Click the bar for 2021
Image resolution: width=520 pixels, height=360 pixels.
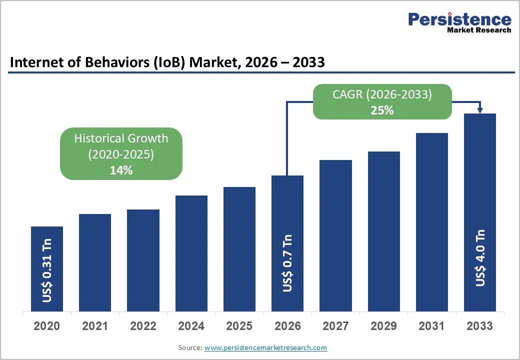[x=95, y=262]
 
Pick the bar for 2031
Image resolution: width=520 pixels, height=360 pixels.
[x=432, y=222]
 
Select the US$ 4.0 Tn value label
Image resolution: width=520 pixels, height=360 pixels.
[x=480, y=258]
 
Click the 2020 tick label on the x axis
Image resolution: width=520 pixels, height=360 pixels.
[x=47, y=326]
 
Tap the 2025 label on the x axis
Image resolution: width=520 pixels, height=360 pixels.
[x=239, y=326]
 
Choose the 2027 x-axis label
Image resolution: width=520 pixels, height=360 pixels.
[x=335, y=326]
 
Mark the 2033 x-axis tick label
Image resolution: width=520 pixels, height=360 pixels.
[x=479, y=326]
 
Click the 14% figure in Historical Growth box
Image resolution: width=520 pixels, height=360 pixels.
[x=121, y=170]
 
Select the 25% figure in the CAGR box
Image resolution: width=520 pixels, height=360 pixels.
[x=382, y=110]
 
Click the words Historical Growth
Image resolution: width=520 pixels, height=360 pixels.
[x=121, y=138]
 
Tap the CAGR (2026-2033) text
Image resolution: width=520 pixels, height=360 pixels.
[x=382, y=94]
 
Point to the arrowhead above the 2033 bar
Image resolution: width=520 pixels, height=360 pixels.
[x=480, y=110]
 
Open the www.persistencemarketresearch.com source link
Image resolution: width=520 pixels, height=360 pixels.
[x=265, y=347]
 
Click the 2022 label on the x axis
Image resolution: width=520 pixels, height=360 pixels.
[x=143, y=326]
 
